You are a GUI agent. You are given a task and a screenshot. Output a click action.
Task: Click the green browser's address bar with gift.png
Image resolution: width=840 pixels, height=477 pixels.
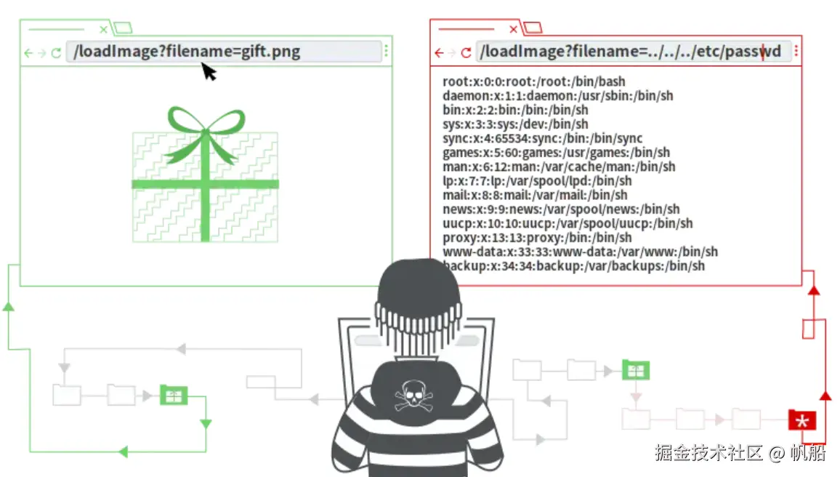tap(224, 52)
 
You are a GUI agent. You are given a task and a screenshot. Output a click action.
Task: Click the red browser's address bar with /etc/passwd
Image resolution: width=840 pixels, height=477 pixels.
tap(633, 52)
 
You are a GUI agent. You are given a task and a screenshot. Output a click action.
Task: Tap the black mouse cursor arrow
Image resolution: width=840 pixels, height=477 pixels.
tap(209, 71)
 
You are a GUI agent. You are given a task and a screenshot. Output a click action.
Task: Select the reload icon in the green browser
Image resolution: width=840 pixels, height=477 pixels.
tap(56, 52)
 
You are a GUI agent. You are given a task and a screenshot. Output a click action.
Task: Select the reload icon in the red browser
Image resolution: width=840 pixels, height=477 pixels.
tap(466, 52)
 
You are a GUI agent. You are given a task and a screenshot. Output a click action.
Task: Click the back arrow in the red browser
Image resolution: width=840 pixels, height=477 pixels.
tap(440, 52)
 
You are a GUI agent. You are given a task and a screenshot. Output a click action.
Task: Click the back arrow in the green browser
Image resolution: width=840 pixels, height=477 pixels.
tap(29, 52)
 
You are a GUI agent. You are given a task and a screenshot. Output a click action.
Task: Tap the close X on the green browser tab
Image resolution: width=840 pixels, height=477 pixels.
tap(103, 30)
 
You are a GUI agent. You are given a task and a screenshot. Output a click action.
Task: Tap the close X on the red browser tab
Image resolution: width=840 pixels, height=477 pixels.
tap(513, 29)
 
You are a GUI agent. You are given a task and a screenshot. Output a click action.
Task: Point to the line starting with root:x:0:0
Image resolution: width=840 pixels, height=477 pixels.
tap(533, 81)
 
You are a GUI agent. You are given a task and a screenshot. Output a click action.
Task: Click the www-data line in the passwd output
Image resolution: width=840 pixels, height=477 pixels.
tap(580, 252)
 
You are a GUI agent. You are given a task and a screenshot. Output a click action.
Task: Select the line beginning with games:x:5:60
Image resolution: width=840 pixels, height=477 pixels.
tap(556, 153)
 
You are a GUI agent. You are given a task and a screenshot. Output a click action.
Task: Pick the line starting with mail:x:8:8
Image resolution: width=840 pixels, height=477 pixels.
tap(535, 195)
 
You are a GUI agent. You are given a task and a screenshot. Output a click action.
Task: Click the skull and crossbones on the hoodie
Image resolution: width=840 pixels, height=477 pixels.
tap(413, 396)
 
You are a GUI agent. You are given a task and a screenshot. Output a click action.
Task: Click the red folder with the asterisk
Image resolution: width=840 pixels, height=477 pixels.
tap(802, 420)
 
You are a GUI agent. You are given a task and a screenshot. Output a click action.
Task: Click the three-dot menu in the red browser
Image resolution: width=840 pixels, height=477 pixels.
tap(796, 50)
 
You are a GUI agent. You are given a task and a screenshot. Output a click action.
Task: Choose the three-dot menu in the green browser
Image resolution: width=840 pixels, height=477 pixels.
tap(386, 50)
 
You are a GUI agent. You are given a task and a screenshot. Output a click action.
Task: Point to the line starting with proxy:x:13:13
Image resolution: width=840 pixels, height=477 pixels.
tap(537, 238)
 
